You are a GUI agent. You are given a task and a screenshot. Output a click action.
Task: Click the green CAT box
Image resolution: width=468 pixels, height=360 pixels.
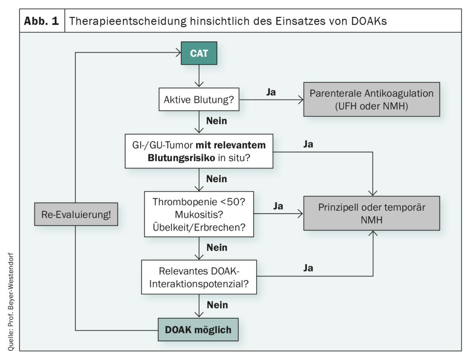198,53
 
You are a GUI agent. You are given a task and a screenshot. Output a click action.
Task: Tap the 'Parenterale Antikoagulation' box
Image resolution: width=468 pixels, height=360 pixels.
371,99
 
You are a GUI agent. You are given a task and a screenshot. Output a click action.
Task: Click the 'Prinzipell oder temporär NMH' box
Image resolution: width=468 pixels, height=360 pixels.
371,213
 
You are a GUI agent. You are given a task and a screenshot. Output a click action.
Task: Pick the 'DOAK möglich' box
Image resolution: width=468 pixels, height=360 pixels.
198,330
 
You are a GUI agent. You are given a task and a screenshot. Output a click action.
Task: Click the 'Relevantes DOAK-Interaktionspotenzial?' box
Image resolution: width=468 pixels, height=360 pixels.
198,276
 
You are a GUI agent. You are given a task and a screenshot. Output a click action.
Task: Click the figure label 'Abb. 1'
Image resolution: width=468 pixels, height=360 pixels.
42,21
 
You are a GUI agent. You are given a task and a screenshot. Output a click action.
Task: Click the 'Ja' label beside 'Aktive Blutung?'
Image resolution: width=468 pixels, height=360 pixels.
271,92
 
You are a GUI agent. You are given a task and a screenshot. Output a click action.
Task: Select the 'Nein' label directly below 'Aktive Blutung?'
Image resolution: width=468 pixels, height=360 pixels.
217,121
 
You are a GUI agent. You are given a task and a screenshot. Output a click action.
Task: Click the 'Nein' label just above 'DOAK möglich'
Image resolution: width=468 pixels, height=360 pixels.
217,305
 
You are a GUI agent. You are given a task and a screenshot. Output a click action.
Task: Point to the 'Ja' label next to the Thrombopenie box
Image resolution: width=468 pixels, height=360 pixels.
278,206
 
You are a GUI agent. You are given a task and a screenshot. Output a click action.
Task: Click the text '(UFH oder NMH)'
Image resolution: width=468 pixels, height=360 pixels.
371,106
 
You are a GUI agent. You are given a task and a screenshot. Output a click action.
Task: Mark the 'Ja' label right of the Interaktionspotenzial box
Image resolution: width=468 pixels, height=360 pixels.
308,268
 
